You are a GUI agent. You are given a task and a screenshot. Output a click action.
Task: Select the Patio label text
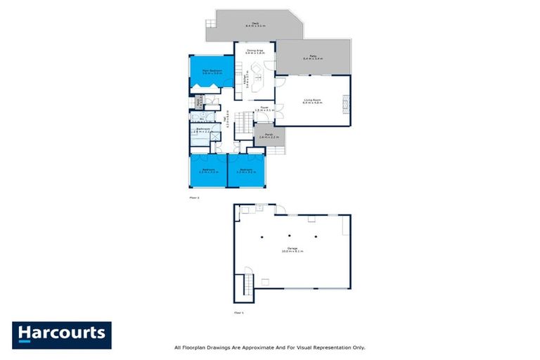(312, 57)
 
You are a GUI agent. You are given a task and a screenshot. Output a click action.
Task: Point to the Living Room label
(312, 101)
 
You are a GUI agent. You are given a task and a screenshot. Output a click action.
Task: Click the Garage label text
(292, 249)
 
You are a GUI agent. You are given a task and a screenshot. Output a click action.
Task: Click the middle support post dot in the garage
(289, 236)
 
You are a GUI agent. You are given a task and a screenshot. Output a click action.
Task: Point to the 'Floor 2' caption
(195, 198)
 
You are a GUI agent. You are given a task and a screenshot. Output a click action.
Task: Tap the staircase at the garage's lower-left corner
(246, 285)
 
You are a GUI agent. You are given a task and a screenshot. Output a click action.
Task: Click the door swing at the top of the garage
(280, 210)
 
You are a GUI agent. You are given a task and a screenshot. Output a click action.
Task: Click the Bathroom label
(203, 129)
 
